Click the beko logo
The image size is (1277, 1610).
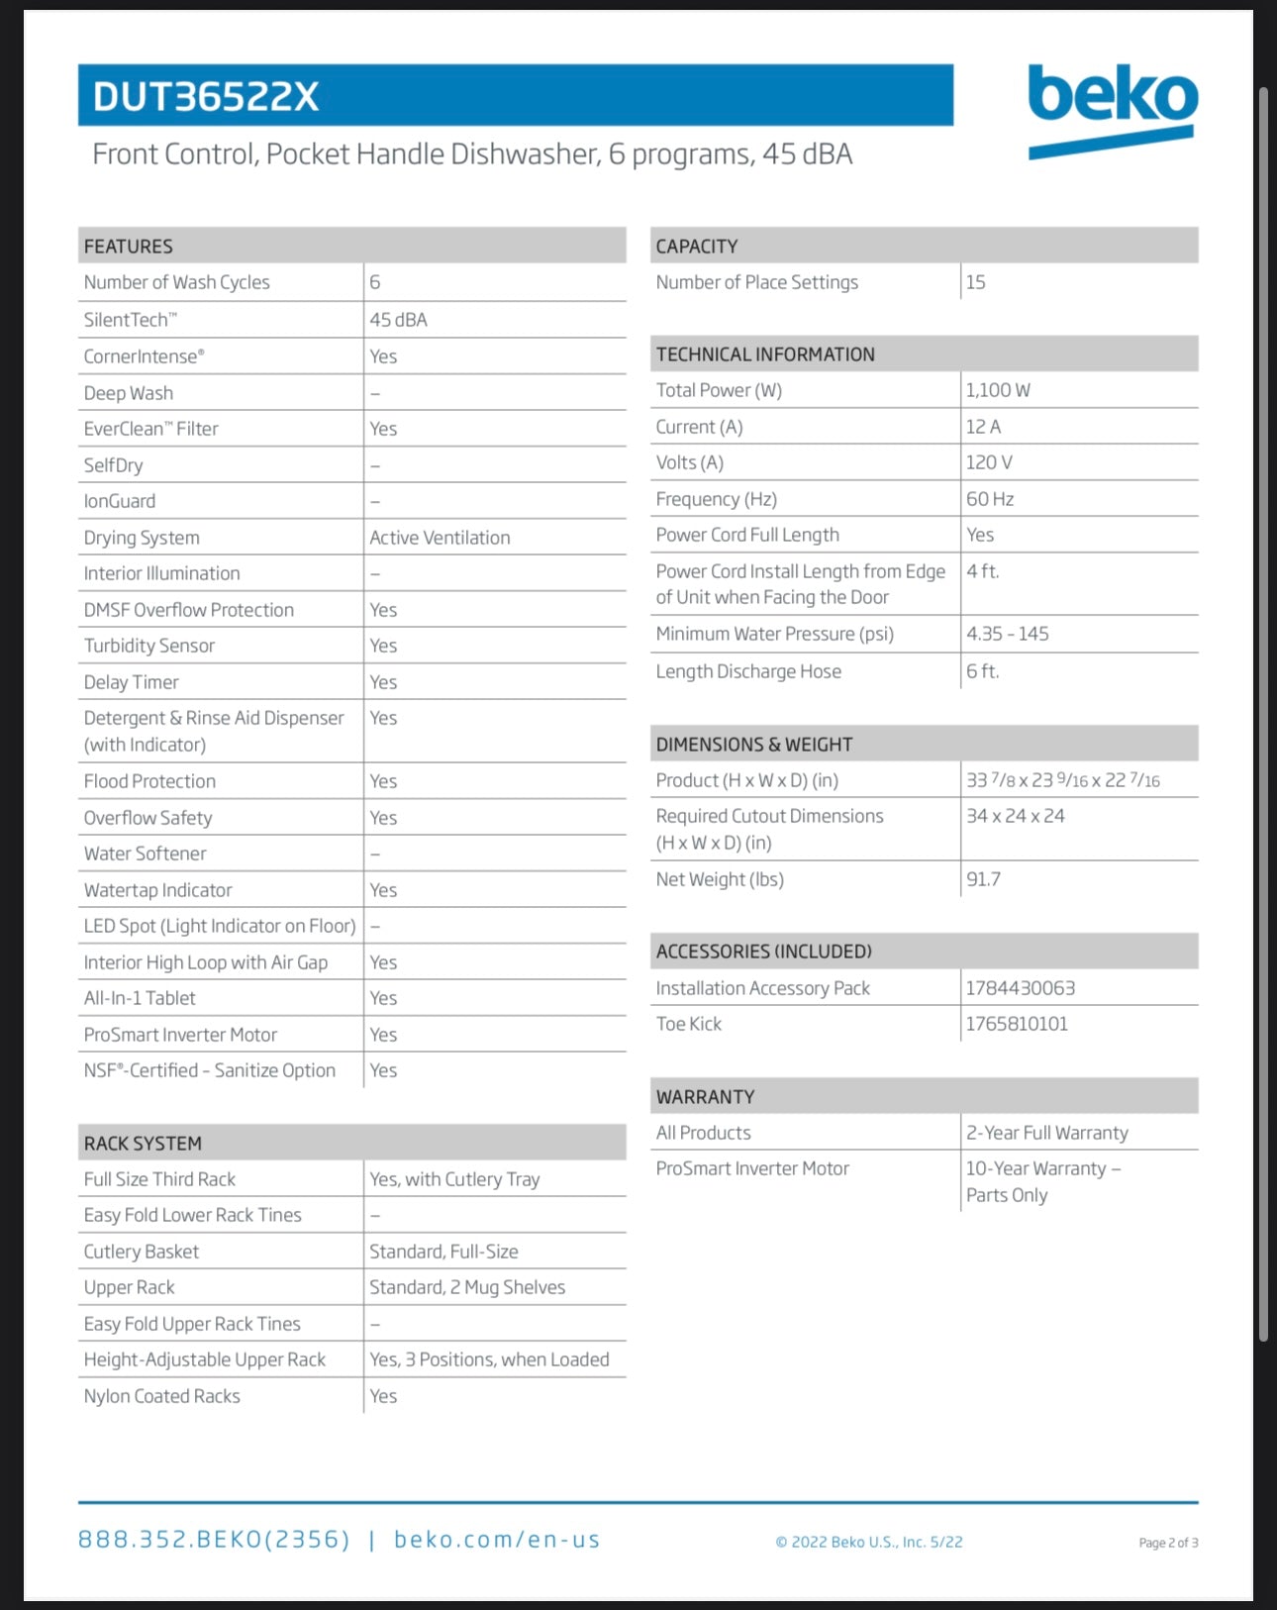pyautogui.click(x=1113, y=109)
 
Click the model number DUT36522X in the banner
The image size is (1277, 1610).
pyautogui.click(x=206, y=97)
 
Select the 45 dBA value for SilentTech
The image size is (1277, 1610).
pyautogui.click(x=398, y=320)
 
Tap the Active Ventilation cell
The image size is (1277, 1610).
pyautogui.click(x=440, y=538)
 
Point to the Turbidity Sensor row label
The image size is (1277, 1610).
pyautogui.click(x=149, y=646)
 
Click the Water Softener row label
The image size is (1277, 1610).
pyautogui.click(x=146, y=854)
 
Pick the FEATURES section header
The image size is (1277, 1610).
pyautogui.click(x=129, y=246)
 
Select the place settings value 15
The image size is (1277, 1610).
pyautogui.click(x=975, y=282)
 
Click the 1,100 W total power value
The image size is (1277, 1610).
pyautogui.click(x=998, y=390)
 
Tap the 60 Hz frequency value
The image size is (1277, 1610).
pyautogui.click(x=990, y=499)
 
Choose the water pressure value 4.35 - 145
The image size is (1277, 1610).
pyautogui.click(x=1007, y=634)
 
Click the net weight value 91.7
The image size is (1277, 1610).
pyautogui.click(x=983, y=879)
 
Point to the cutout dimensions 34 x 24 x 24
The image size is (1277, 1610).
pyautogui.click(x=1015, y=816)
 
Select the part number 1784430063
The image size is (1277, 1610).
pyautogui.click(x=1020, y=988)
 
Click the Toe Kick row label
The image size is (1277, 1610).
pyautogui.click(x=689, y=1024)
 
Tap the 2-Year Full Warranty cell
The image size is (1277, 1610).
pyautogui.click(x=1046, y=1133)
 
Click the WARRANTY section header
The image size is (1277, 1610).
pyautogui.click(x=705, y=1096)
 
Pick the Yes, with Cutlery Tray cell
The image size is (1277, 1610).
pyautogui.click(x=454, y=1179)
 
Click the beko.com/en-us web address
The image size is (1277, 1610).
pyautogui.click(x=497, y=1540)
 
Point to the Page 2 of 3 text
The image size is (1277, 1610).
pyautogui.click(x=1168, y=1543)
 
